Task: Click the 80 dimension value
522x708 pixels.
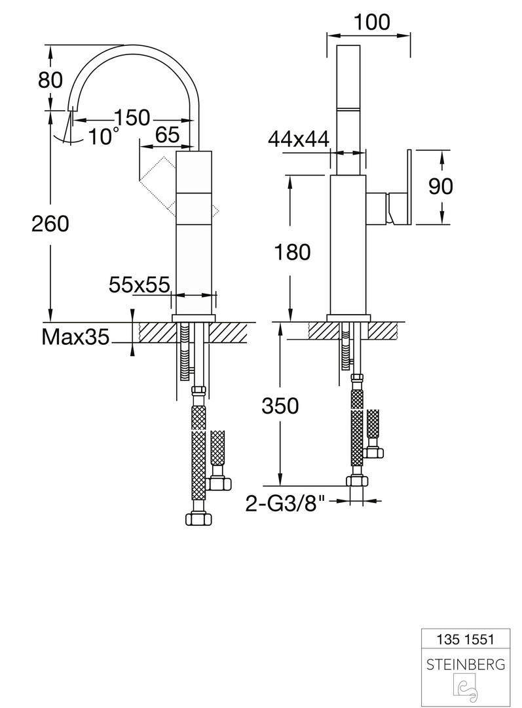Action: [x=50, y=81]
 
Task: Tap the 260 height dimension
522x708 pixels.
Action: [x=50, y=224]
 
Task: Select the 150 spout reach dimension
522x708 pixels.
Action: [x=132, y=117]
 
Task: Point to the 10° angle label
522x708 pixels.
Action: [x=103, y=136]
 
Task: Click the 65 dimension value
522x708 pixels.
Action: [x=168, y=134]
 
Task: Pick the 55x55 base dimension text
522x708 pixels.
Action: [x=140, y=285]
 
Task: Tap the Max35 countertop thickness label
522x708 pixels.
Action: [x=76, y=336]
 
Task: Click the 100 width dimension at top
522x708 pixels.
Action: [x=372, y=22]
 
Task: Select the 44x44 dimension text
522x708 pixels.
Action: [x=299, y=140]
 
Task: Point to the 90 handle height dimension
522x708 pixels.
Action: [x=440, y=186]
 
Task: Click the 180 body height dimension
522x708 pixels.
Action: [x=292, y=252]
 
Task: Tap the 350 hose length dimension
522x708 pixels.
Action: [x=280, y=406]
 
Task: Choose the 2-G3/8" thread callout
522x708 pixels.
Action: [x=285, y=503]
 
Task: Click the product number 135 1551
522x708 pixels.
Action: [x=466, y=639]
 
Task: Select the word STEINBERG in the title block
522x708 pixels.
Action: [x=466, y=665]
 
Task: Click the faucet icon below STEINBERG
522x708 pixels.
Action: [x=466, y=689]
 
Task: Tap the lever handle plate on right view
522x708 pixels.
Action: [x=409, y=186]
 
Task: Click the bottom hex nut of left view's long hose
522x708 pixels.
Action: [x=198, y=519]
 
